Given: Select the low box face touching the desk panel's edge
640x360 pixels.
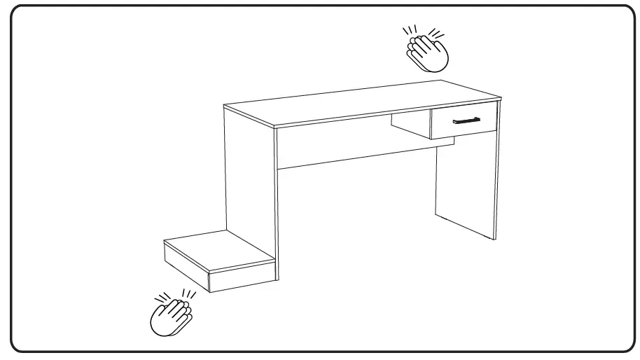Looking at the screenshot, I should click(x=242, y=276).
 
